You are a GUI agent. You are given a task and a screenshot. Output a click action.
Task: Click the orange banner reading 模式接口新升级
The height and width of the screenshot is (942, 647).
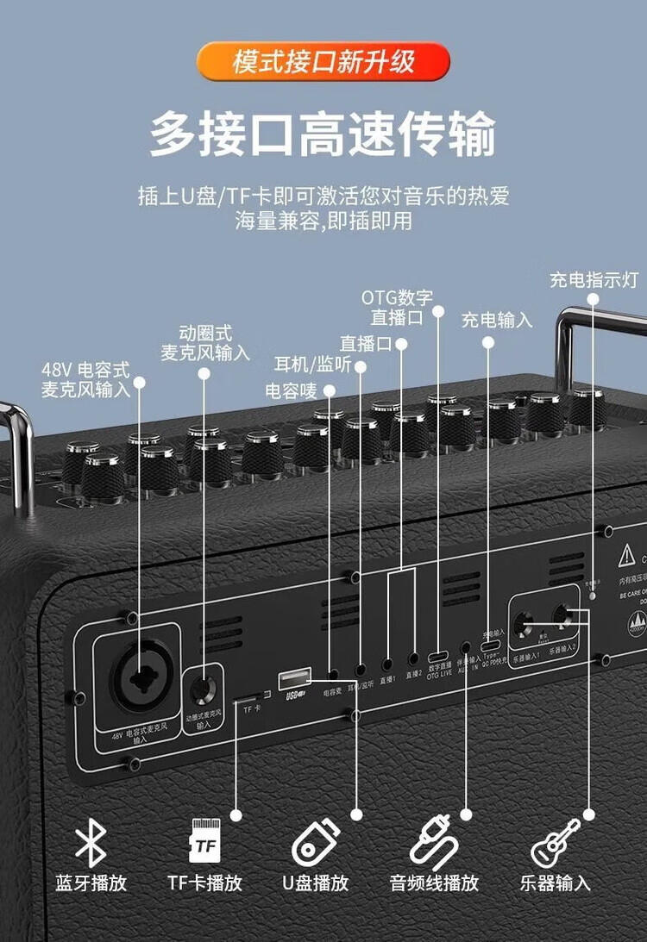point(323,62)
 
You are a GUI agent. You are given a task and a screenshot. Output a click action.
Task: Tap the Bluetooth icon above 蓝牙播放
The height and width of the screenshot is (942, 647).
point(91,842)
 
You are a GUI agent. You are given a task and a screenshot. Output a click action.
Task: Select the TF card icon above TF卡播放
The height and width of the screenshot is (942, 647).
point(204,840)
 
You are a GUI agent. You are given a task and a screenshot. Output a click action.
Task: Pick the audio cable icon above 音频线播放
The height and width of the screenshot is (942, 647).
point(433,841)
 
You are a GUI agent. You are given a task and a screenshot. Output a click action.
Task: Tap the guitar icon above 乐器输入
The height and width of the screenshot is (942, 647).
point(554,843)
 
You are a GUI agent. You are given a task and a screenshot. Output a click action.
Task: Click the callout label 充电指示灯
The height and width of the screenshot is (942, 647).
point(594,280)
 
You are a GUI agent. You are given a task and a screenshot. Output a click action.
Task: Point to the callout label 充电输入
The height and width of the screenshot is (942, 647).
point(496,321)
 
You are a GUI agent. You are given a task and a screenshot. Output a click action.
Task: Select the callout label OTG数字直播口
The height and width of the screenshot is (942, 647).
point(397,308)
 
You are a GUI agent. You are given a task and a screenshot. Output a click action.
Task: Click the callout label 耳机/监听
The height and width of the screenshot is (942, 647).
point(312,364)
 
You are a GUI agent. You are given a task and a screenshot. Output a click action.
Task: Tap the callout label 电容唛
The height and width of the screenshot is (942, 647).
point(291,390)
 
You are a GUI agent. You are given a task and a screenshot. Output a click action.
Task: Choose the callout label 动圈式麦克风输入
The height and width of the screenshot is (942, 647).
point(205,342)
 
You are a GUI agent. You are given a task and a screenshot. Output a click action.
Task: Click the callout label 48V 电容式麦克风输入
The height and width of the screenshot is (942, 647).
point(85,380)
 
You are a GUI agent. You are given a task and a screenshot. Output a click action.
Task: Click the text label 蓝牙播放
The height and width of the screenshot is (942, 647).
point(91,883)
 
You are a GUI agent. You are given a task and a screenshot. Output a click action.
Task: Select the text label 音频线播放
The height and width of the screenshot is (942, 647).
point(433,883)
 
